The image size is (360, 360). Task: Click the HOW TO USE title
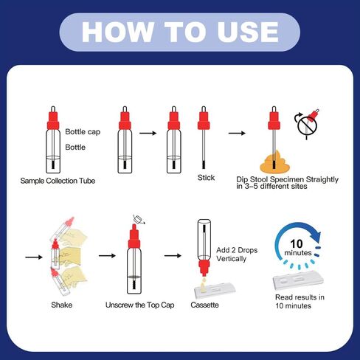[180, 32]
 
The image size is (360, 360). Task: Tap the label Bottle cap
[83, 132]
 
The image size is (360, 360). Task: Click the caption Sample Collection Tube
[58, 181]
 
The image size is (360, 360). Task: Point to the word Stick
[206, 178]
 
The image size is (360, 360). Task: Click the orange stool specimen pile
[275, 162]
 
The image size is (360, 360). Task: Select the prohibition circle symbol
[307, 125]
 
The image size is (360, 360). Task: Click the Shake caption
[62, 305]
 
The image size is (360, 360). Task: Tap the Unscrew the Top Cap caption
[140, 305]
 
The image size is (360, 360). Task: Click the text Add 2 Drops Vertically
[237, 255]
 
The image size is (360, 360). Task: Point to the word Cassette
[204, 305]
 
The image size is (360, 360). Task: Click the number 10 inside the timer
[297, 243]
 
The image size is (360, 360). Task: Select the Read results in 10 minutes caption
[300, 302]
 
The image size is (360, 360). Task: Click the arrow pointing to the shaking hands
[34, 257]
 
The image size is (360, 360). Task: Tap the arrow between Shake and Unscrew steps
[107, 256]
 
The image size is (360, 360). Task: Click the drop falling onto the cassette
[204, 280]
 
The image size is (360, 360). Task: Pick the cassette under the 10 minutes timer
[298, 280]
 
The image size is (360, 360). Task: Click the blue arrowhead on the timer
[316, 236]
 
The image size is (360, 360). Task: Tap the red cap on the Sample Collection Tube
[53, 121]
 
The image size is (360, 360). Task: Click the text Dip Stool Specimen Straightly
[287, 179]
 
